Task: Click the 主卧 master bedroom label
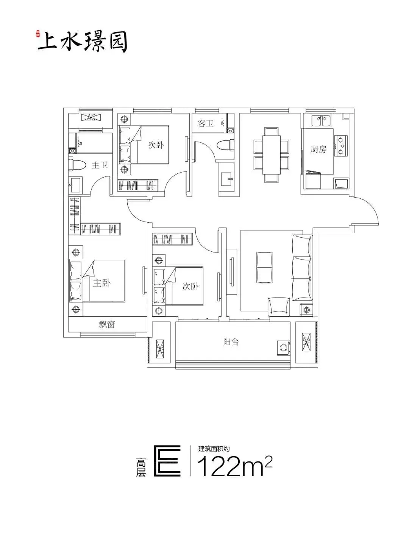pyautogui.click(x=102, y=283)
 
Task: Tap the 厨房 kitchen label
pyautogui.click(x=318, y=149)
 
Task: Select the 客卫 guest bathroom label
pyautogui.click(x=206, y=123)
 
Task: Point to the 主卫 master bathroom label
pyautogui.click(x=100, y=165)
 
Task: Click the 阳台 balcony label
pyautogui.click(x=231, y=342)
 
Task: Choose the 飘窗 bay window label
pyautogui.click(x=107, y=324)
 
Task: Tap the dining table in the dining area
pyautogui.click(x=272, y=155)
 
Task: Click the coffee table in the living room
pyautogui.click(x=264, y=267)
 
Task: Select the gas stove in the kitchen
pyautogui.click(x=341, y=146)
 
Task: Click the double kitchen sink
pyautogui.click(x=321, y=121)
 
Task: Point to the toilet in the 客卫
pyautogui.click(x=225, y=145)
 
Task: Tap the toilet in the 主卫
pyautogui.click(x=77, y=165)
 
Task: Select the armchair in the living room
pyautogui.click(x=279, y=307)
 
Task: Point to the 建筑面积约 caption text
pyautogui.click(x=214, y=449)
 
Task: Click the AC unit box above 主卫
pyautogui.click(x=92, y=117)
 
